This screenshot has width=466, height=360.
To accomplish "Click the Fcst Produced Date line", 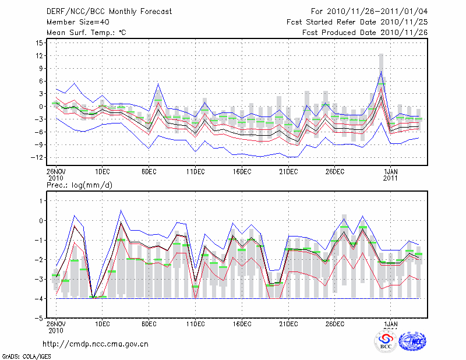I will (x=365, y=33).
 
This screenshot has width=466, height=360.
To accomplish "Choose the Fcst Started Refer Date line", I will (x=357, y=22).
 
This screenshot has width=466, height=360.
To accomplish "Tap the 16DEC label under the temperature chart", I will (x=242, y=172).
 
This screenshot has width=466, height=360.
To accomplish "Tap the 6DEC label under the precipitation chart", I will (x=149, y=324).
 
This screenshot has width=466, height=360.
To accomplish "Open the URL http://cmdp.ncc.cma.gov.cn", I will (x=96, y=344).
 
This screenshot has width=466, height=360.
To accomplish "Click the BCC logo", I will (x=386, y=343).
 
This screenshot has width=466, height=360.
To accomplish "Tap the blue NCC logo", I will (x=412, y=343).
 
